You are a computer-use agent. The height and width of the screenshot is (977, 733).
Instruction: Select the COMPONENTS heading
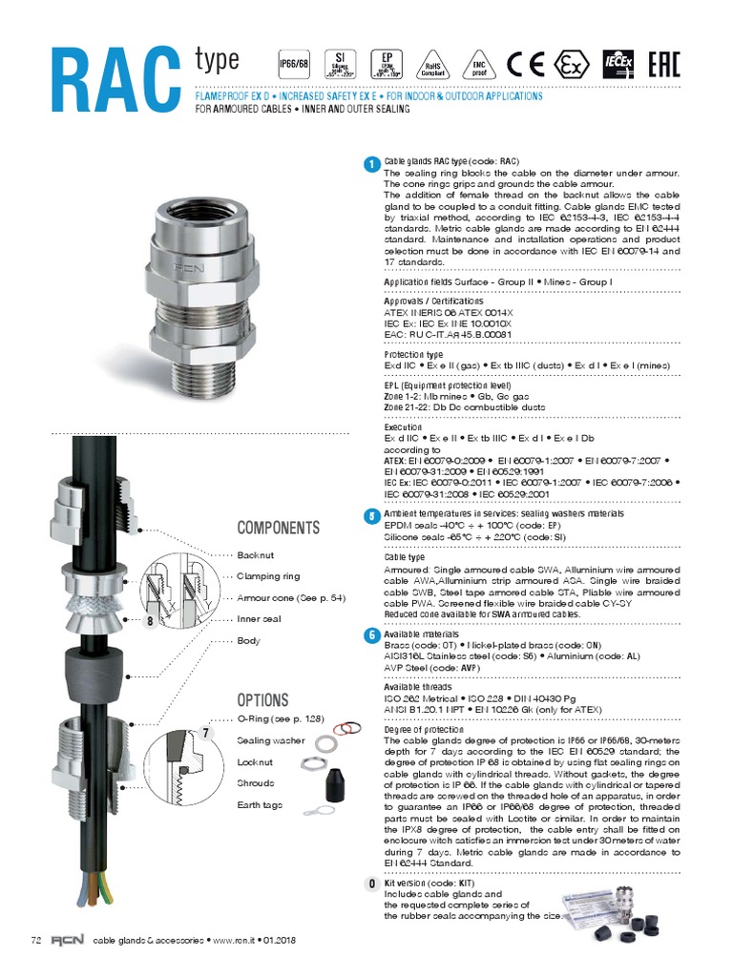(278, 529)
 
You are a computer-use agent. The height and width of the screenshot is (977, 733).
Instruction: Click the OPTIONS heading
(262, 700)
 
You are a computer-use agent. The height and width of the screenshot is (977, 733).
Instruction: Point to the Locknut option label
(255, 762)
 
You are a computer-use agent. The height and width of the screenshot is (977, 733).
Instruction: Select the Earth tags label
(260, 805)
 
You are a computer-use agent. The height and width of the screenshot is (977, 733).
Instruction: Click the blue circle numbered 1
(370, 165)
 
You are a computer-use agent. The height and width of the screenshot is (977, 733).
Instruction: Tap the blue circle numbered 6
(370, 635)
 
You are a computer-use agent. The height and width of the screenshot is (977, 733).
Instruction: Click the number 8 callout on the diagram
(151, 622)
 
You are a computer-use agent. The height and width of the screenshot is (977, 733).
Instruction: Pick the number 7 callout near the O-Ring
(205, 733)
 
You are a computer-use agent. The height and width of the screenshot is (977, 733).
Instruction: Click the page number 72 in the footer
(36, 941)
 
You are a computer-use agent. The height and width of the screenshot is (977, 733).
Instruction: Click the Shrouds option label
(255, 783)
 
